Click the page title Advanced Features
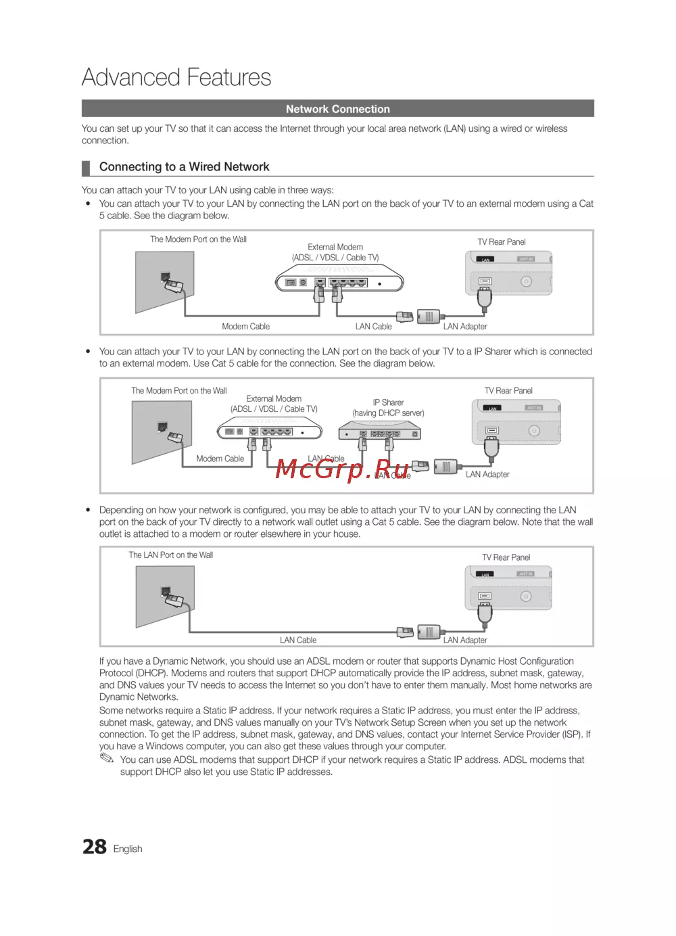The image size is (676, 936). point(176,77)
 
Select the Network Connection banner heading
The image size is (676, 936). point(337,109)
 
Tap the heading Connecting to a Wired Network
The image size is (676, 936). point(184,167)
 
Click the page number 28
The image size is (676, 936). point(95,847)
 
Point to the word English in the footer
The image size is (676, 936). point(128,849)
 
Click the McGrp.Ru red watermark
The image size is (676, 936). point(343,468)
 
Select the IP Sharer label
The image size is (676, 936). point(388,402)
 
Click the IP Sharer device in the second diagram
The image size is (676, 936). point(379,431)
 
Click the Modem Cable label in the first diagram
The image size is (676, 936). point(245,327)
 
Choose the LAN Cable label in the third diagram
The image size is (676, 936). point(298,640)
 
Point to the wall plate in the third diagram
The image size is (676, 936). point(165,596)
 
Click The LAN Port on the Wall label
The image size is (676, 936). point(171,555)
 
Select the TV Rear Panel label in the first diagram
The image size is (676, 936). point(502,242)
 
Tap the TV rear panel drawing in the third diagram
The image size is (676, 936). point(508,589)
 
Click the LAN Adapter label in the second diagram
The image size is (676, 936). point(487,475)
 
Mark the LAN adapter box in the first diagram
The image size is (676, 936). point(429,317)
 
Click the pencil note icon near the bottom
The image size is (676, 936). point(107,759)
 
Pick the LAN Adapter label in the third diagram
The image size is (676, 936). point(465,640)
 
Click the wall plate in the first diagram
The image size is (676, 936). point(164,282)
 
